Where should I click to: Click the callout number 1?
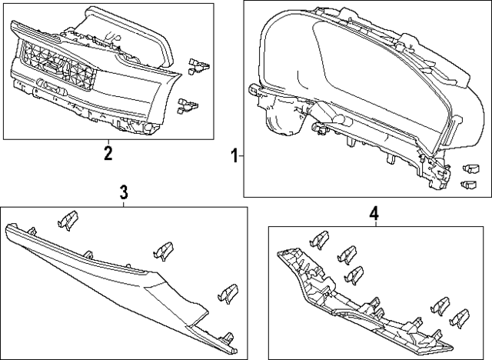pos(234,156)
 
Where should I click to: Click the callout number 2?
pos(108,153)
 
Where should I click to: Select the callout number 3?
pos(124,192)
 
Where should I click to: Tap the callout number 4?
pos(374,214)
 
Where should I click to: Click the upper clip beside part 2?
pos(198,66)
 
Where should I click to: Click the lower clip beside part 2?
pos(188,106)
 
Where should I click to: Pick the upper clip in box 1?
pos(471,169)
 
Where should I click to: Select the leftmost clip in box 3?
pos(68,220)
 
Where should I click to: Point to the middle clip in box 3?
pos(163,251)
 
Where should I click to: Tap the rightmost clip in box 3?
pos(228,294)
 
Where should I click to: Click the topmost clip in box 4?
pos(319,241)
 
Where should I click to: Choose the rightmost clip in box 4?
pos(460,319)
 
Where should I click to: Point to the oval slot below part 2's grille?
pos(52,86)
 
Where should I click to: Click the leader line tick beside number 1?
pos(241,156)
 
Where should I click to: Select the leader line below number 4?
pos(377,224)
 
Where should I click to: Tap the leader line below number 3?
pos(123,203)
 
